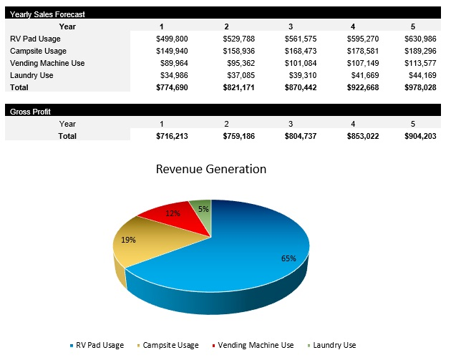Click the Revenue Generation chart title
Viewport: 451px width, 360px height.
coord(211,170)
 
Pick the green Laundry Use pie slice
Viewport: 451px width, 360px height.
coord(203,208)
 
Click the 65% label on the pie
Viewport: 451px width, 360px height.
coord(288,258)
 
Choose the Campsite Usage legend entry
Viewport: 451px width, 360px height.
coord(170,345)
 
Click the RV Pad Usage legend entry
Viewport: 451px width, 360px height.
coord(100,345)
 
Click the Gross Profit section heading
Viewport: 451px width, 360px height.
coord(30,112)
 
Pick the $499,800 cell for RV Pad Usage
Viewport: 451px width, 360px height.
coord(172,39)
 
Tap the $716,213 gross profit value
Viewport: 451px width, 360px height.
coord(172,135)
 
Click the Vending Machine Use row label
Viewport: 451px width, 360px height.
coord(47,63)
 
